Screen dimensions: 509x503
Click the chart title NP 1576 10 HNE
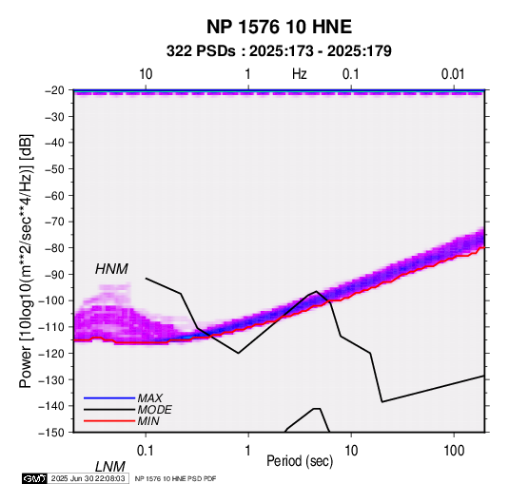pyautogui.click(x=279, y=27)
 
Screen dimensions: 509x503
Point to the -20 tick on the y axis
pyautogui.click(x=54, y=90)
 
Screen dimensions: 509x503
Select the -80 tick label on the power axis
pyautogui.click(x=54, y=248)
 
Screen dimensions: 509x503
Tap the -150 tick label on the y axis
pyautogui.click(x=51, y=433)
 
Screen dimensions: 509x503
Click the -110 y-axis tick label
pyautogui.click(x=51, y=327)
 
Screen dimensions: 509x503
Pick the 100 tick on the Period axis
pyautogui.click(x=454, y=451)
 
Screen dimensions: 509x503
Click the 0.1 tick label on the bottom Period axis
pyautogui.click(x=146, y=451)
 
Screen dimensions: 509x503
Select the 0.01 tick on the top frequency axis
pyautogui.click(x=453, y=74)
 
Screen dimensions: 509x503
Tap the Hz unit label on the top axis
pyautogui.click(x=300, y=74)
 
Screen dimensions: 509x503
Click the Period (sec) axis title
pyautogui.click(x=300, y=461)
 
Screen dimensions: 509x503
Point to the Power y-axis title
pyautogui.click(x=26, y=261)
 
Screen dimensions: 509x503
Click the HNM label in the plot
pyautogui.click(x=111, y=269)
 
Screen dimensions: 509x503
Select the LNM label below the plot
pyautogui.click(x=110, y=467)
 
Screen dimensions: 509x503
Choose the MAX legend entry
pyautogui.click(x=150, y=397)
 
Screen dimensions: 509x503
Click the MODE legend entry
pyautogui.click(x=154, y=410)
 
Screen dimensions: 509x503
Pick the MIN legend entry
pyautogui.click(x=148, y=421)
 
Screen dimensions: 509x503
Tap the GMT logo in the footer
pyautogui.click(x=34, y=478)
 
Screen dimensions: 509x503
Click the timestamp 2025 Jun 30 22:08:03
pyautogui.click(x=88, y=478)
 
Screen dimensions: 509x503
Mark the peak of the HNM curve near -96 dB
pyautogui.click(x=316, y=291)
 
